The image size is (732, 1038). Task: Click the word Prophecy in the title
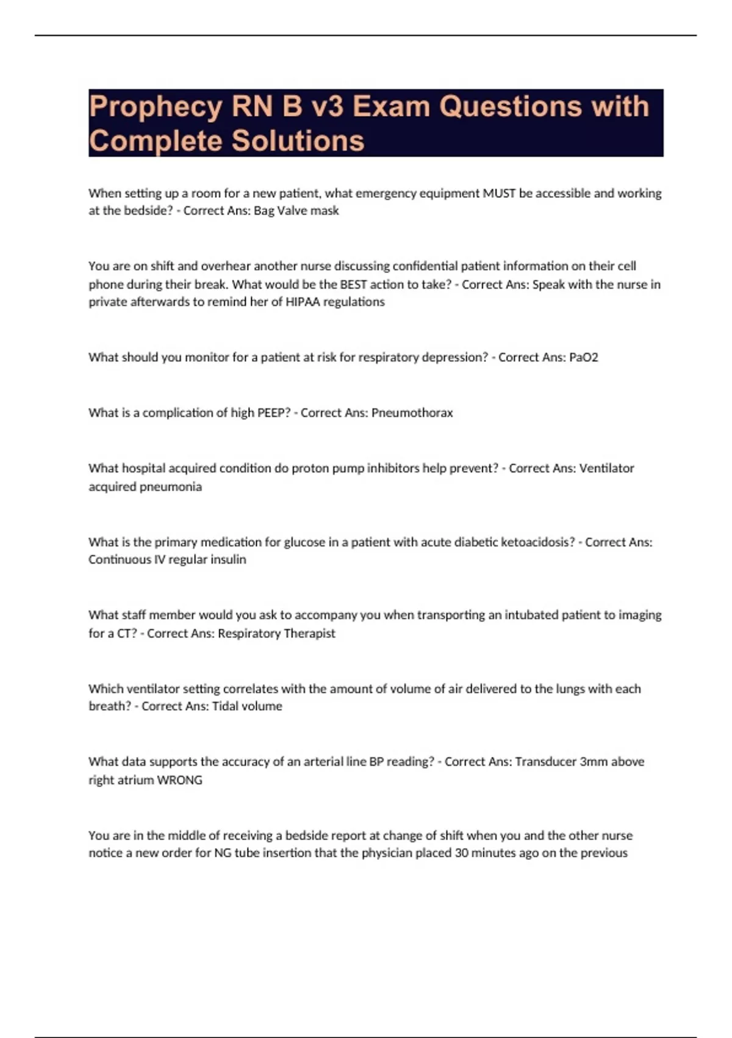tap(156, 107)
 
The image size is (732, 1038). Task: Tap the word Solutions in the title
tap(298, 141)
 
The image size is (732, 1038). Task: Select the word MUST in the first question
tap(499, 194)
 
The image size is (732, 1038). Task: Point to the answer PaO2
tap(583, 357)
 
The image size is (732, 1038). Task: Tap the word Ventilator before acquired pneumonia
tap(606, 468)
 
